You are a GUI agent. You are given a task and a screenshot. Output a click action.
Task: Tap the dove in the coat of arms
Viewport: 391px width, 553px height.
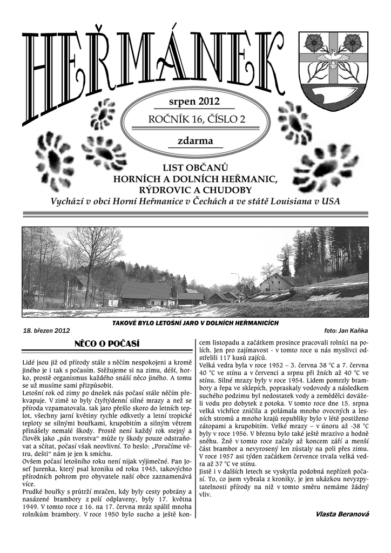[x=332, y=58]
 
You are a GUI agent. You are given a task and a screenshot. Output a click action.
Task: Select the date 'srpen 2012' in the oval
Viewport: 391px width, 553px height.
[x=195, y=101]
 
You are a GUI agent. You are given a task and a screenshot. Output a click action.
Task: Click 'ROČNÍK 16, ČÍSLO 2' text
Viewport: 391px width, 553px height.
[x=196, y=120]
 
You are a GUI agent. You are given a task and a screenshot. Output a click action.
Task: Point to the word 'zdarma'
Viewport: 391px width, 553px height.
[x=195, y=141]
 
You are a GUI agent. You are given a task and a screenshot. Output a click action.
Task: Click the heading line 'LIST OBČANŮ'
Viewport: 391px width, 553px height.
[x=195, y=168]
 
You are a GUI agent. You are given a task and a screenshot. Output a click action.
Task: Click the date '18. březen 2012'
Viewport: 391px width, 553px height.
[x=46, y=330]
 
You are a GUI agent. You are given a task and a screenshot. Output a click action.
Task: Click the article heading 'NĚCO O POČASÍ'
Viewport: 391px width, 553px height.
[x=106, y=343]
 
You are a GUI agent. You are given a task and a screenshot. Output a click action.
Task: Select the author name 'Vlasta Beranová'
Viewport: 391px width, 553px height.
[x=342, y=514]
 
